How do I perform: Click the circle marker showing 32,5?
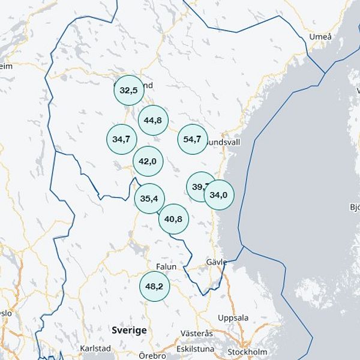click(x=129, y=90)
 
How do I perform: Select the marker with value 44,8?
click(x=153, y=120)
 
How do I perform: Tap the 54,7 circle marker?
click(x=193, y=139)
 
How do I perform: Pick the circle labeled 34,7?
click(x=121, y=139)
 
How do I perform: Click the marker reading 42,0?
click(x=148, y=161)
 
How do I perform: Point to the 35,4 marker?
click(x=149, y=198)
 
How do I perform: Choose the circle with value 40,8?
click(x=173, y=219)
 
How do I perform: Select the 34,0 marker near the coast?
click(x=219, y=194)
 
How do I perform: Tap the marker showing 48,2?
click(x=155, y=286)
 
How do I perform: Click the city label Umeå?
click(x=320, y=37)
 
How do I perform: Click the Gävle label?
click(x=216, y=262)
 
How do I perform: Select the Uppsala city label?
click(x=233, y=317)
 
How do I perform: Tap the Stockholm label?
click(x=247, y=352)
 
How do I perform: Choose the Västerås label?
click(x=197, y=334)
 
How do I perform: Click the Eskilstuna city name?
click(x=196, y=349)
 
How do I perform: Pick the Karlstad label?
click(x=95, y=348)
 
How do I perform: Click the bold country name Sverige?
click(x=129, y=330)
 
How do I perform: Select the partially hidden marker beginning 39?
click(x=197, y=186)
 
